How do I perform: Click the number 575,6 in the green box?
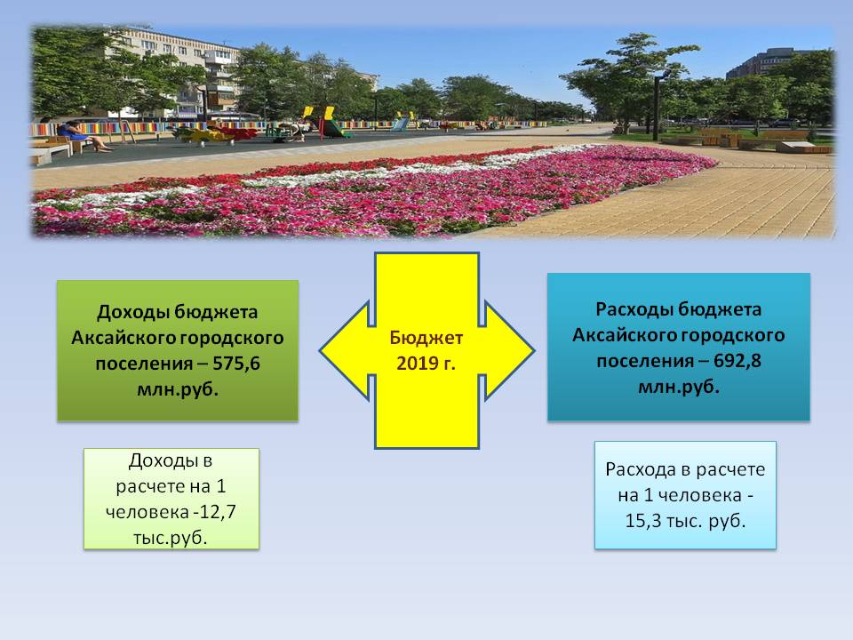(x=236, y=363)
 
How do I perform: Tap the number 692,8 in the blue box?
(x=737, y=360)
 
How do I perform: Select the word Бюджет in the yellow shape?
(x=426, y=338)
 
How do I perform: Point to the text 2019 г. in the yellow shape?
(x=426, y=363)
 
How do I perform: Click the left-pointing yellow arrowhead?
(x=344, y=351)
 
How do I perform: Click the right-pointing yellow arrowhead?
(x=509, y=351)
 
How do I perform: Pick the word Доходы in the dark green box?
(x=132, y=312)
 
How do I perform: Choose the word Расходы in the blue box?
(x=634, y=309)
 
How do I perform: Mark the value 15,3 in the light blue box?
(x=643, y=521)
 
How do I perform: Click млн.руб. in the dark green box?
(x=178, y=389)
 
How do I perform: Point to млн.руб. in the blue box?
(x=678, y=387)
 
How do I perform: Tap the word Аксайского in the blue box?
(x=624, y=335)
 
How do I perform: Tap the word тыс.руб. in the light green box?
(x=171, y=538)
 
